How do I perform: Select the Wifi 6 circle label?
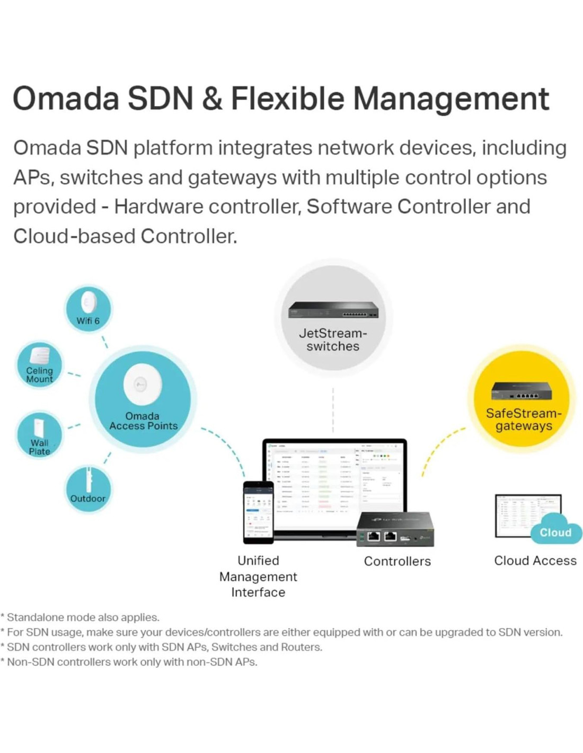click(x=88, y=321)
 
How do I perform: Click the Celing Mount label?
click(x=40, y=375)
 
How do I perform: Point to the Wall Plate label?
click(x=39, y=447)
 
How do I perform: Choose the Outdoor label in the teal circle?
click(x=87, y=498)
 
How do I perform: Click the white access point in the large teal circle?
click(x=142, y=384)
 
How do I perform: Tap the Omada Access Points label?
click(x=143, y=421)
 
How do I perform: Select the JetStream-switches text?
click(x=333, y=339)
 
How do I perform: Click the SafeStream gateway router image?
click(x=522, y=391)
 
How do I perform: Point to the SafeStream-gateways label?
click(x=524, y=419)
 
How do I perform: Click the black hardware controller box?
click(x=395, y=529)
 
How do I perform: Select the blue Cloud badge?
click(x=555, y=532)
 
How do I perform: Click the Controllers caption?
click(x=397, y=561)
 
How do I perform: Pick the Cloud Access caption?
click(x=535, y=561)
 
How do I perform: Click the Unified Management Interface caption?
click(x=258, y=577)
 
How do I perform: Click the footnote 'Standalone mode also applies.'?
click(x=82, y=617)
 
